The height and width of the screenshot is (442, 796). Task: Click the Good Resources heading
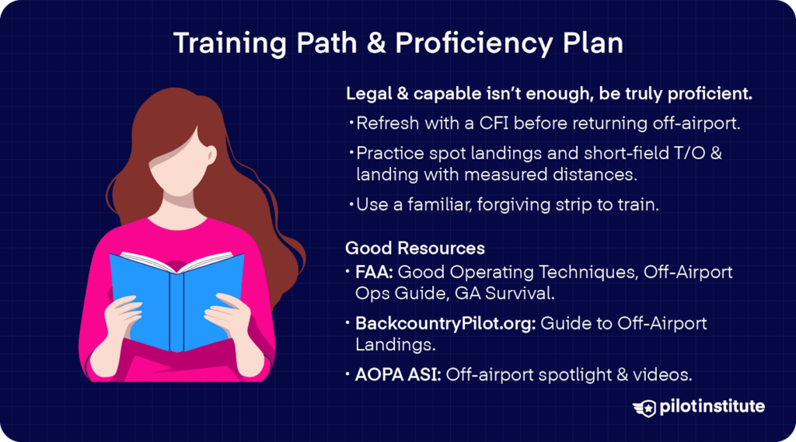coord(415,249)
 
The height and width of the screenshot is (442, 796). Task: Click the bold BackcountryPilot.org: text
coord(445,323)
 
